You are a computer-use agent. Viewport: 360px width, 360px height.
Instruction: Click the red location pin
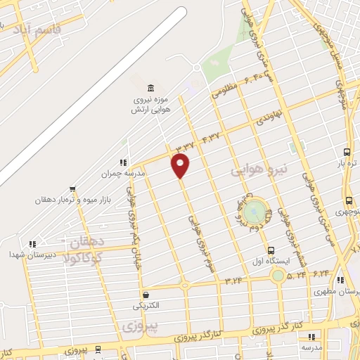(181, 165)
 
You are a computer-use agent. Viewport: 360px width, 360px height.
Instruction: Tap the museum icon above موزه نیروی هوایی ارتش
(151, 88)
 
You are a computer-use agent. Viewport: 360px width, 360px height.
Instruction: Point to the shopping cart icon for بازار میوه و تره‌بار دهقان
(72, 188)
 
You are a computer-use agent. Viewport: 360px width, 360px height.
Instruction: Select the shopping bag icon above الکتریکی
(146, 295)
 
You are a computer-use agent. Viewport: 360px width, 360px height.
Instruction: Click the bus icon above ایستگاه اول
(271, 250)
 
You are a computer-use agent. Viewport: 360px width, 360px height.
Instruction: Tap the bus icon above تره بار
(347, 152)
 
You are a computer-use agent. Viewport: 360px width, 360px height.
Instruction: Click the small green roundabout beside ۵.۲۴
(279, 275)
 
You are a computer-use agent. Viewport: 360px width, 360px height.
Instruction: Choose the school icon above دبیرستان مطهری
(340, 280)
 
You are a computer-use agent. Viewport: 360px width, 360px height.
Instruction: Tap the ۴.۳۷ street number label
(211, 134)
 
